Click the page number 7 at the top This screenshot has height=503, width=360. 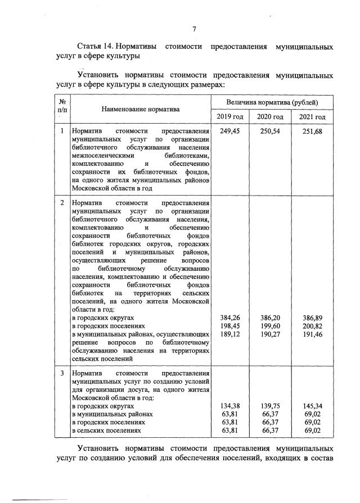193,29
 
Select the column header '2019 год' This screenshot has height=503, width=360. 231,116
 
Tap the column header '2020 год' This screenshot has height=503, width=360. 270,116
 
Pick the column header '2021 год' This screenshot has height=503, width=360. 312,116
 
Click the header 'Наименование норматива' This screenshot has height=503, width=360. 141,109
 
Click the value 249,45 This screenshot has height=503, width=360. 231,132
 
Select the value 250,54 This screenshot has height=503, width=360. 270,132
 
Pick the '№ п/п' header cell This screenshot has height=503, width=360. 62,106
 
